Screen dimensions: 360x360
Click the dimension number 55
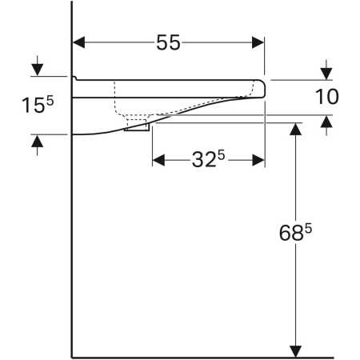167,43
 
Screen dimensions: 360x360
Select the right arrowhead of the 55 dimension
258,43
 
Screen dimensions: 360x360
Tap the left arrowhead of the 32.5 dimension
158,160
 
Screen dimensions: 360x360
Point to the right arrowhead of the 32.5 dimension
258,160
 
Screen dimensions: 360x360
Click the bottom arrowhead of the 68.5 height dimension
296,350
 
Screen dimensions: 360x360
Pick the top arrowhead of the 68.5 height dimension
296,129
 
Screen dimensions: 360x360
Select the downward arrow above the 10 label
326,69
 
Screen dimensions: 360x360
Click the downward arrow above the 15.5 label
36,68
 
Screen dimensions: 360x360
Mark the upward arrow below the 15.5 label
36,142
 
